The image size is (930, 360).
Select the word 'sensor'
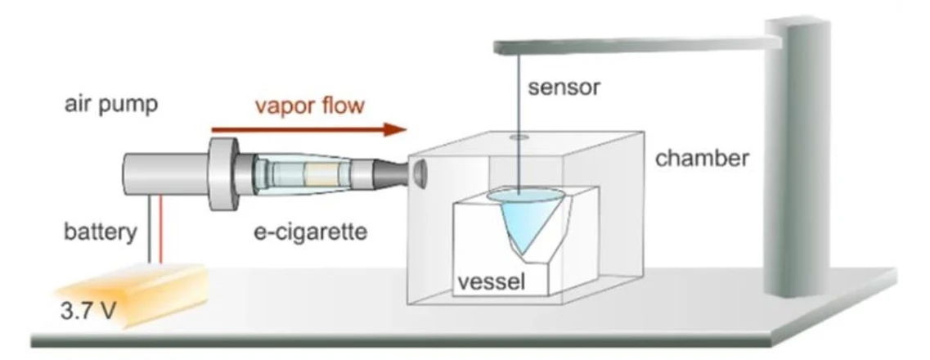pyautogui.click(x=564, y=87)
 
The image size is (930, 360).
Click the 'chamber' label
pyautogui.click(x=702, y=158)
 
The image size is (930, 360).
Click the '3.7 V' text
pyautogui.click(x=85, y=311)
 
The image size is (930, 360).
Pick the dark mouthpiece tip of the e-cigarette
pyautogui.click(x=389, y=173)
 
